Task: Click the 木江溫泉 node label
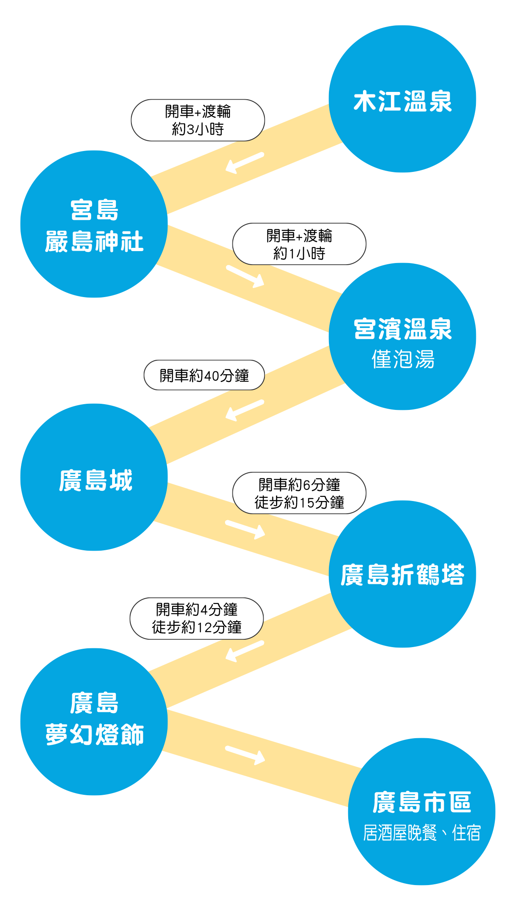402,101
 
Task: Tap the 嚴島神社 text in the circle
94,241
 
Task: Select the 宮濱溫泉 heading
402,329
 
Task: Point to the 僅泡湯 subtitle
402,359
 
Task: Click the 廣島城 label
95,480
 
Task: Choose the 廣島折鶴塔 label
402,574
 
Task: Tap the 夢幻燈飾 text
94,734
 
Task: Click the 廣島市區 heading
421,802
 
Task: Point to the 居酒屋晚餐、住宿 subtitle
421,833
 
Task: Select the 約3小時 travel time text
198,129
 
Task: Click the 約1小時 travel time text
299,254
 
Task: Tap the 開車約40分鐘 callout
204,375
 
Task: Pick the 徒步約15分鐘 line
299,502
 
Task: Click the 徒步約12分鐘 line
197,627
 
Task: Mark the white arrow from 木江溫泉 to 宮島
245,162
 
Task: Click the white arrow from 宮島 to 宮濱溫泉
246,276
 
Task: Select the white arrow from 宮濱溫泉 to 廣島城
245,410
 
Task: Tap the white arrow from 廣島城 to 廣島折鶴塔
246,529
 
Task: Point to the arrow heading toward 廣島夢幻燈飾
245,651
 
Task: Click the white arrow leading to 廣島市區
246,755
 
